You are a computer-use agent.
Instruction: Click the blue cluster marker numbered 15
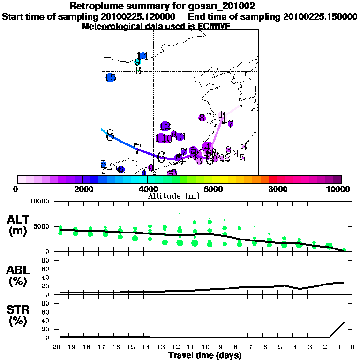click(x=111, y=78)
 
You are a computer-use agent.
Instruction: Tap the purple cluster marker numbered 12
click(x=165, y=127)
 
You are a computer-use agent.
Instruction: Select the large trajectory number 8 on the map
click(x=110, y=135)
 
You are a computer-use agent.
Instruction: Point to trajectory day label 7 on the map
click(x=137, y=149)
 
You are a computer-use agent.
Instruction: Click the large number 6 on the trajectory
click(x=161, y=157)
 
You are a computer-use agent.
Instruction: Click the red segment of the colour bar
click(x=273, y=179)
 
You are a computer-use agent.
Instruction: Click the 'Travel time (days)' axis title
click(x=205, y=355)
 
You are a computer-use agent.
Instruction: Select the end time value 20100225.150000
click(x=320, y=16)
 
